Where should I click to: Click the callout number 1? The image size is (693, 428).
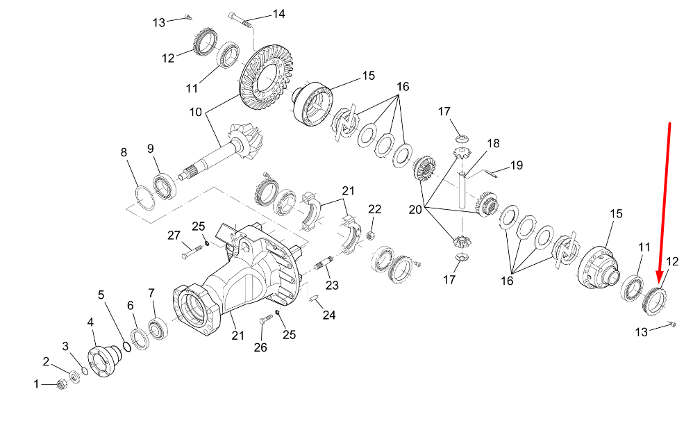tap(37, 384)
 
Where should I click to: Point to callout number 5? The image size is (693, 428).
tap(101, 295)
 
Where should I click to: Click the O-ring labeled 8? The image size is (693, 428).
tap(143, 197)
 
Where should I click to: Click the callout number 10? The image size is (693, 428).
tap(194, 111)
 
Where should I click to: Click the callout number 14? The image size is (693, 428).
tap(278, 14)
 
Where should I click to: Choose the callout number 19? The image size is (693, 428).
tap(515, 165)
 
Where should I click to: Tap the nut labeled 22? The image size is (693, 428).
tap(370, 233)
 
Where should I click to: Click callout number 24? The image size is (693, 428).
tap(328, 315)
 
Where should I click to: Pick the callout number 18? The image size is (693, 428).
tap(492, 144)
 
